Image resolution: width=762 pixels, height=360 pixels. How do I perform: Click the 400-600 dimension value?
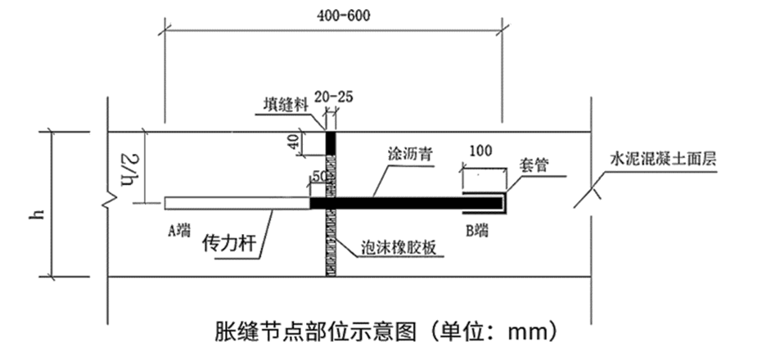(x=344, y=16)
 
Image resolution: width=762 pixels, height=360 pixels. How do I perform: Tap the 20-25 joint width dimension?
(x=333, y=97)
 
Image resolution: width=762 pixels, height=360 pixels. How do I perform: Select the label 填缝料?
(x=286, y=105)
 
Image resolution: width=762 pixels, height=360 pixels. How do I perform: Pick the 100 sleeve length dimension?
(x=480, y=151)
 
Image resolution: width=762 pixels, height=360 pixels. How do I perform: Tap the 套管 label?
(x=533, y=165)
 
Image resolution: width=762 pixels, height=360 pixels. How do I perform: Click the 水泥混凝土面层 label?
(x=663, y=160)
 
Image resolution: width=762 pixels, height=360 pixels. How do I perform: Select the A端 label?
(x=180, y=231)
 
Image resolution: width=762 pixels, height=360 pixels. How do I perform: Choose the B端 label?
(x=476, y=230)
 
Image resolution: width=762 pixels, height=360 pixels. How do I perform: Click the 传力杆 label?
(x=229, y=242)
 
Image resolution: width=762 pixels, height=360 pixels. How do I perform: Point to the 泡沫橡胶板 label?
(x=398, y=248)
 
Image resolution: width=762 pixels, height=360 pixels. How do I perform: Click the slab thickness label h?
(x=37, y=214)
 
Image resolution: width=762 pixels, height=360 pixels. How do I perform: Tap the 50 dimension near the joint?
(x=318, y=178)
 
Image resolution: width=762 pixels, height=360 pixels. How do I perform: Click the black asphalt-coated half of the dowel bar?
(x=406, y=203)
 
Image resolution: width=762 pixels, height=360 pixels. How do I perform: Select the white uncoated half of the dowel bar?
(x=237, y=203)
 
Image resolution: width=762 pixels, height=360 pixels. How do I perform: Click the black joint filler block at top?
(x=331, y=143)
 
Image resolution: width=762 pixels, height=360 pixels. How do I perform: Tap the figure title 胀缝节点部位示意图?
(x=315, y=331)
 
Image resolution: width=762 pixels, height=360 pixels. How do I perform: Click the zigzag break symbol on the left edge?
(x=110, y=200)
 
